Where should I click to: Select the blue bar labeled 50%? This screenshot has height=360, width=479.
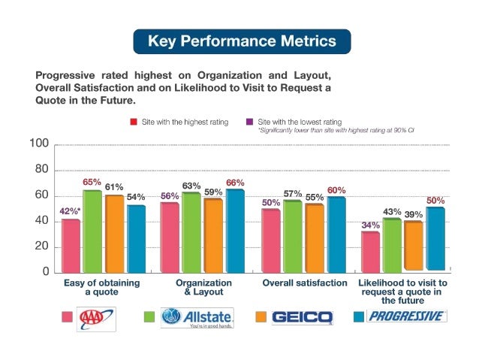pos(435,239)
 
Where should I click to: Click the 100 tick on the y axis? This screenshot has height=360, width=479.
pos(39,144)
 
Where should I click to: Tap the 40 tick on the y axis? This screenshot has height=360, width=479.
pos(41,221)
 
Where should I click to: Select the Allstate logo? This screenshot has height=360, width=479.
pos(197,317)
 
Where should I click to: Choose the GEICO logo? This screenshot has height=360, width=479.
pos(303,318)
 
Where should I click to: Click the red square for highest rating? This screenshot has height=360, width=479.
pos(132,120)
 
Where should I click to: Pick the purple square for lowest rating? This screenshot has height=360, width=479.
pos(249,120)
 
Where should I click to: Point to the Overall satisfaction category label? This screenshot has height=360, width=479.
pos(305,283)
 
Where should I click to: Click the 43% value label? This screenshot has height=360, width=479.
pos(392,212)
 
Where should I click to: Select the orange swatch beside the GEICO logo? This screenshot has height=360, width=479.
pos(262,317)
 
